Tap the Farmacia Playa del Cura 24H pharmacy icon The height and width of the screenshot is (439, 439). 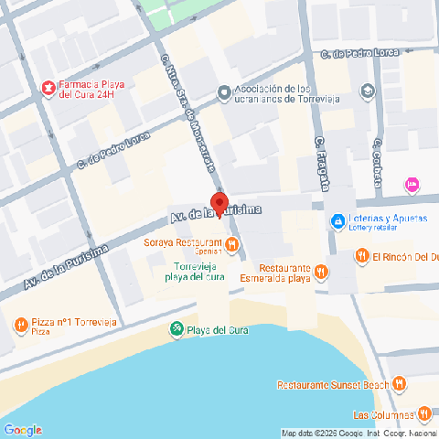[x=46, y=88]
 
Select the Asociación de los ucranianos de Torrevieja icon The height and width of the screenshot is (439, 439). [x=224, y=92]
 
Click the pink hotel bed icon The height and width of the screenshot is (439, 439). [x=412, y=185]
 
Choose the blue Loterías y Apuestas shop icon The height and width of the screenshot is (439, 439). [x=337, y=221]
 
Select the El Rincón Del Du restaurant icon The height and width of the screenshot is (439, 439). [x=361, y=257]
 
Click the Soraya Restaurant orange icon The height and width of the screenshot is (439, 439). [x=232, y=244]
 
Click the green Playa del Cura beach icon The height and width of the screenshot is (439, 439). [x=176, y=329]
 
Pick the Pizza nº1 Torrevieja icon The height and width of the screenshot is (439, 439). [x=20, y=325]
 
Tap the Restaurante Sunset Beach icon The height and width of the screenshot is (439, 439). [x=399, y=385]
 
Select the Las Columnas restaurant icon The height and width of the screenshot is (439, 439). [x=423, y=413]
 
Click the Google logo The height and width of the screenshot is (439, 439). [x=23, y=430]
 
